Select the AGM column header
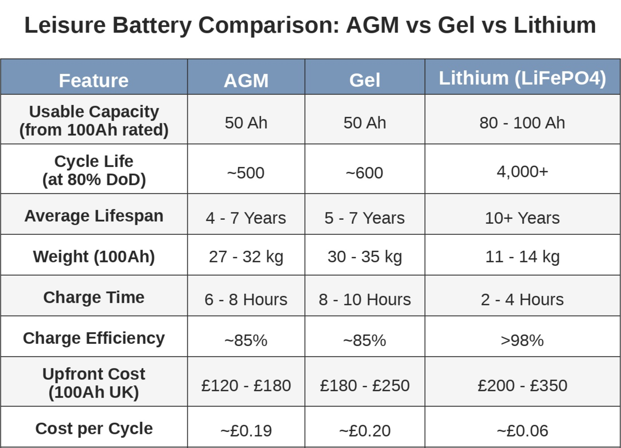[x=246, y=81]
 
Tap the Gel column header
[x=365, y=80]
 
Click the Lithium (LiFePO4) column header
[x=522, y=78]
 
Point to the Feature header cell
[x=93, y=81]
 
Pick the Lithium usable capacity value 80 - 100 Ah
[x=522, y=123]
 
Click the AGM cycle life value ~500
[x=246, y=173]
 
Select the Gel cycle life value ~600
[x=365, y=173]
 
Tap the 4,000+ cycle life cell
[x=522, y=171]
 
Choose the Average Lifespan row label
[x=94, y=216]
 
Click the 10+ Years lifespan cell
[x=522, y=218]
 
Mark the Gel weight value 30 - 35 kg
[x=365, y=257]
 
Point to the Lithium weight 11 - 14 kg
[x=522, y=257]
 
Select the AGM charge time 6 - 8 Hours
[x=246, y=300]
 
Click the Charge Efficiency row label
[x=94, y=338]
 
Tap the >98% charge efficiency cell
[x=522, y=340]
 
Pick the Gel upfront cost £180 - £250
[x=365, y=386]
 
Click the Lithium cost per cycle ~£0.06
[x=522, y=431]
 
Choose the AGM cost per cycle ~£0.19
[x=246, y=431]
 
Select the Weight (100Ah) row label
[x=94, y=257]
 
